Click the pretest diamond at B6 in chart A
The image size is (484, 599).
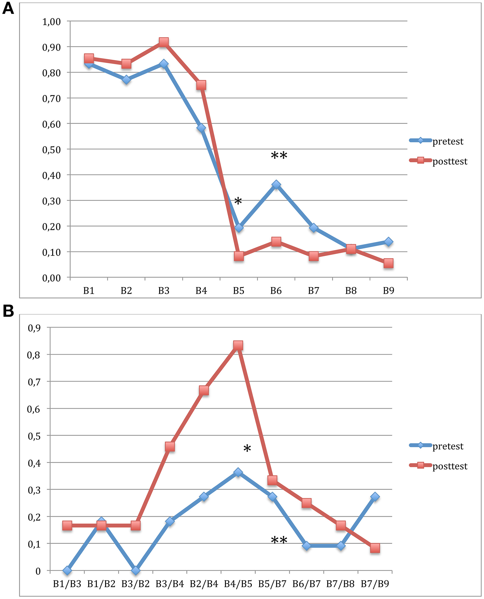tap(276, 185)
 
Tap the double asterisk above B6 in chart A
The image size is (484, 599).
tap(279, 156)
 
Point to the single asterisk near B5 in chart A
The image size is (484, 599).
tap(238, 201)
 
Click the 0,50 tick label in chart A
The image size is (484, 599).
tap(51, 150)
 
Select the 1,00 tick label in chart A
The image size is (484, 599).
tap(51, 22)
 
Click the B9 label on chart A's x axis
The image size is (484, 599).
tap(388, 291)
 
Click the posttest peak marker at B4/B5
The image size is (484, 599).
tap(238, 346)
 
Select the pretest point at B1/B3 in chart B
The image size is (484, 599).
tap(67, 571)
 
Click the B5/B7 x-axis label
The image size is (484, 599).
tap(272, 584)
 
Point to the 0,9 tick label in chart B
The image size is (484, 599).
tap(34, 328)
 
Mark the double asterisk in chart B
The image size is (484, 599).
tap(279, 540)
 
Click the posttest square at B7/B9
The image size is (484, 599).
tap(375, 548)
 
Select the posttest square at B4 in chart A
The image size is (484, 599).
tap(201, 85)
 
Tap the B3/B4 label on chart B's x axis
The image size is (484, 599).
tap(170, 584)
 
